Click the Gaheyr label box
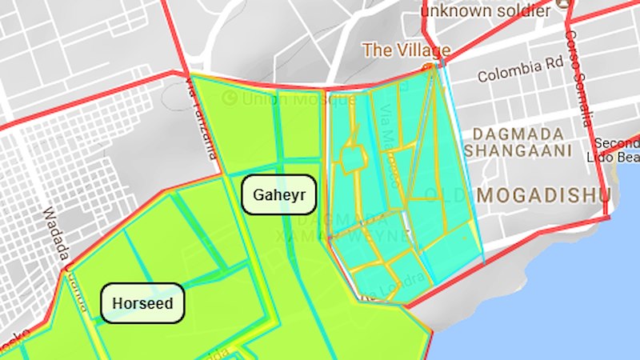(x=279, y=194)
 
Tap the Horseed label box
(x=142, y=304)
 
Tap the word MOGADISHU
(x=543, y=194)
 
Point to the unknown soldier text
(x=486, y=11)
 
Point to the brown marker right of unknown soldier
(x=566, y=4)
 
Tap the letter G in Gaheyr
(x=258, y=195)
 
